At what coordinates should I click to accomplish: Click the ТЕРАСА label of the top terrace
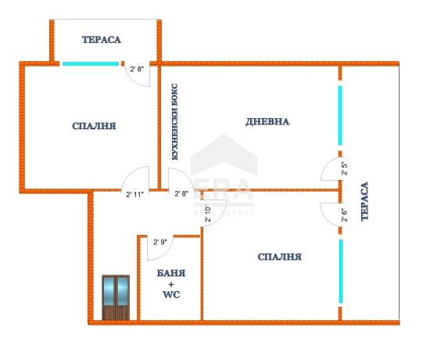pos(102,40)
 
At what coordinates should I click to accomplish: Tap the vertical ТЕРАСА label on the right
pos(365,201)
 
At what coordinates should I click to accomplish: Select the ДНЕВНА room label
pos(267,122)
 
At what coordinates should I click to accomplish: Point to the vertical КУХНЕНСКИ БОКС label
pos(174,122)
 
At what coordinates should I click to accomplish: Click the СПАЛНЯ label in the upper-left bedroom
pos(94,126)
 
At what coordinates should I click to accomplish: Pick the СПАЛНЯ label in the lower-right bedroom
pos(279,257)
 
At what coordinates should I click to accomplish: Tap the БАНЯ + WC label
pos(171,283)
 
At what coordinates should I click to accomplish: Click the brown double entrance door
pos(116,297)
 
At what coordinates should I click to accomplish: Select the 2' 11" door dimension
pos(134,195)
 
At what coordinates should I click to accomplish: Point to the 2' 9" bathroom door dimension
pos(159,242)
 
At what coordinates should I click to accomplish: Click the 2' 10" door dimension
pos(208,214)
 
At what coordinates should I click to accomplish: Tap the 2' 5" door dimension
pos(345,169)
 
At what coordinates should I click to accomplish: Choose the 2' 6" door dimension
pos(345,215)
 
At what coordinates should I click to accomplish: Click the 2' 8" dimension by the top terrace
pos(137,69)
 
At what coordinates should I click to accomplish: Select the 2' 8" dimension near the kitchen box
pos(181,193)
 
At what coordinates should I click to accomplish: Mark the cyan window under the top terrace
pos(91,63)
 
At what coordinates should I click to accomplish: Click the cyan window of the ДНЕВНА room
pos(340,116)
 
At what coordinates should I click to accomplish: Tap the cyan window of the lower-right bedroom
pos(341,271)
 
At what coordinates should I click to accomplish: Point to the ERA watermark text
pos(224,189)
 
